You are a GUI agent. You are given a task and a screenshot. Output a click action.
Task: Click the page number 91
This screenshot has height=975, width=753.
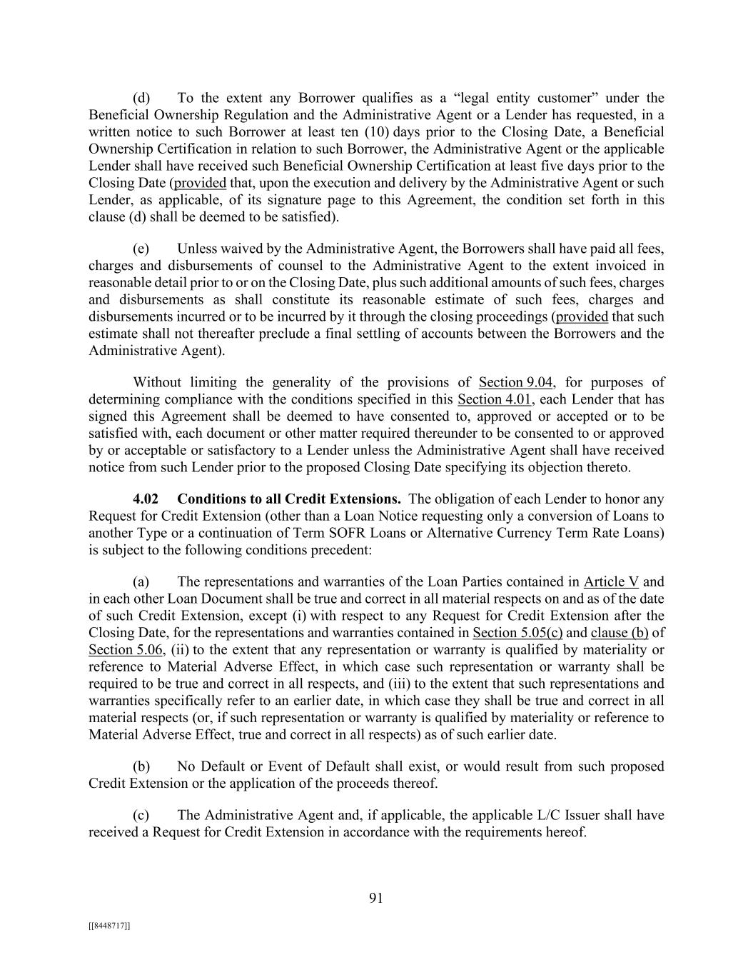point(376,899)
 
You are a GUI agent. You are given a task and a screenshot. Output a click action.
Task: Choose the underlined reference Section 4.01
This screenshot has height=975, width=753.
point(495,399)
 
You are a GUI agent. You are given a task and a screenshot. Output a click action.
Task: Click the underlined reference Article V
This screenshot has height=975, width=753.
point(611,581)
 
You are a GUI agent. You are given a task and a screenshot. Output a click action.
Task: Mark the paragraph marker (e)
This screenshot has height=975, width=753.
point(141,249)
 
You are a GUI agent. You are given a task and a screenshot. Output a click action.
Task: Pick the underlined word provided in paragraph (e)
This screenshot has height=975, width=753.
point(582,316)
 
